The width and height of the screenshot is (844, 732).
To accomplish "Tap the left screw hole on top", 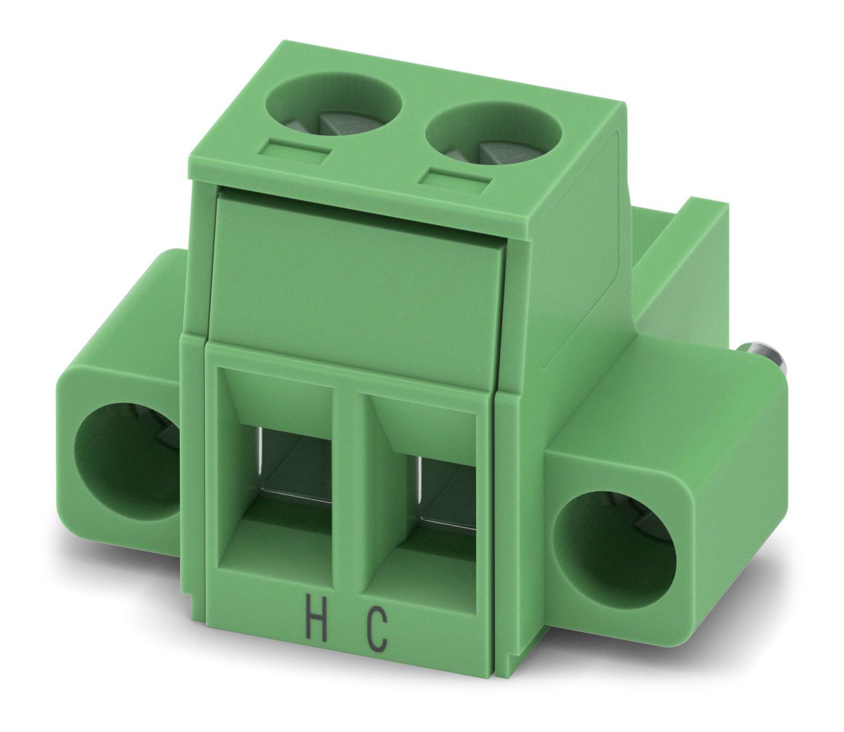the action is click(334, 104).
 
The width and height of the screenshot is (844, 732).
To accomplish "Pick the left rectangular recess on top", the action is click(294, 153).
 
